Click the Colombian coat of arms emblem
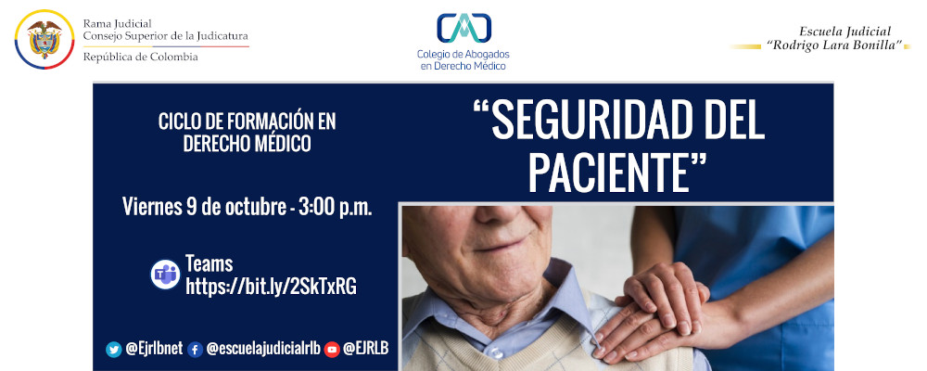43,41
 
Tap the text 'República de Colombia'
140,58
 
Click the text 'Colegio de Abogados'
463,54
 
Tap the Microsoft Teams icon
165,275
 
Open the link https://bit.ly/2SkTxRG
271,287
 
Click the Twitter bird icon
114,349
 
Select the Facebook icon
195,349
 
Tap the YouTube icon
332,349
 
